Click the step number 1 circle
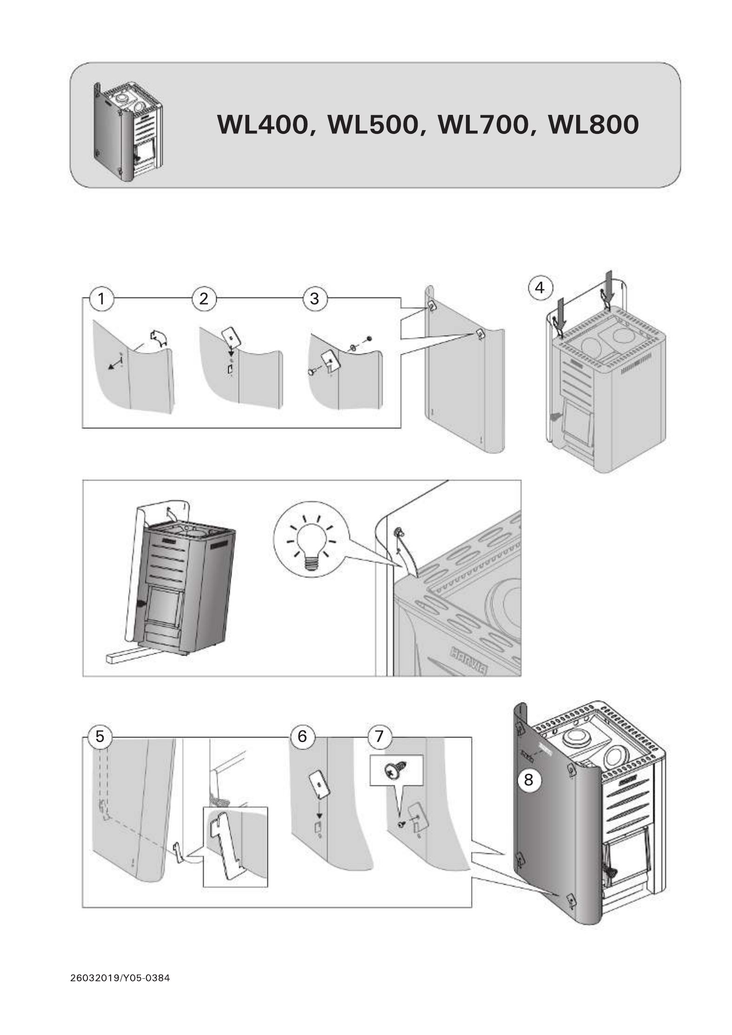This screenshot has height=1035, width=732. tap(101, 299)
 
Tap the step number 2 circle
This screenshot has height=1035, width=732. tap(204, 299)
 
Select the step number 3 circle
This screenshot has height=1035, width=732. tap(314, 299)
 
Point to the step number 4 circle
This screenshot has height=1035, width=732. tap(539, 288)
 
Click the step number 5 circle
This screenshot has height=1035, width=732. tap(100, 736)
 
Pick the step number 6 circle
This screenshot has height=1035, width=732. tap(302, 736)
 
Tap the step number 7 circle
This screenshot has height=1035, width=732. tap(379, 736)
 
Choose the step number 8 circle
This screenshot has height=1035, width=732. tap(528, 779)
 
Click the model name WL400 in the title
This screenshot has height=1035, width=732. tap(263, 125)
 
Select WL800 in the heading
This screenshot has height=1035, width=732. tap(593, 125)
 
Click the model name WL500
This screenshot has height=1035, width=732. tap(373, 125)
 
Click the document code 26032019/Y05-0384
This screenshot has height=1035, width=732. tap(120, 978)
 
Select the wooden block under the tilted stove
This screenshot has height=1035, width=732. tap(125, 656)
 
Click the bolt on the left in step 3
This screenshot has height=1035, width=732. tap(312, 372)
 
